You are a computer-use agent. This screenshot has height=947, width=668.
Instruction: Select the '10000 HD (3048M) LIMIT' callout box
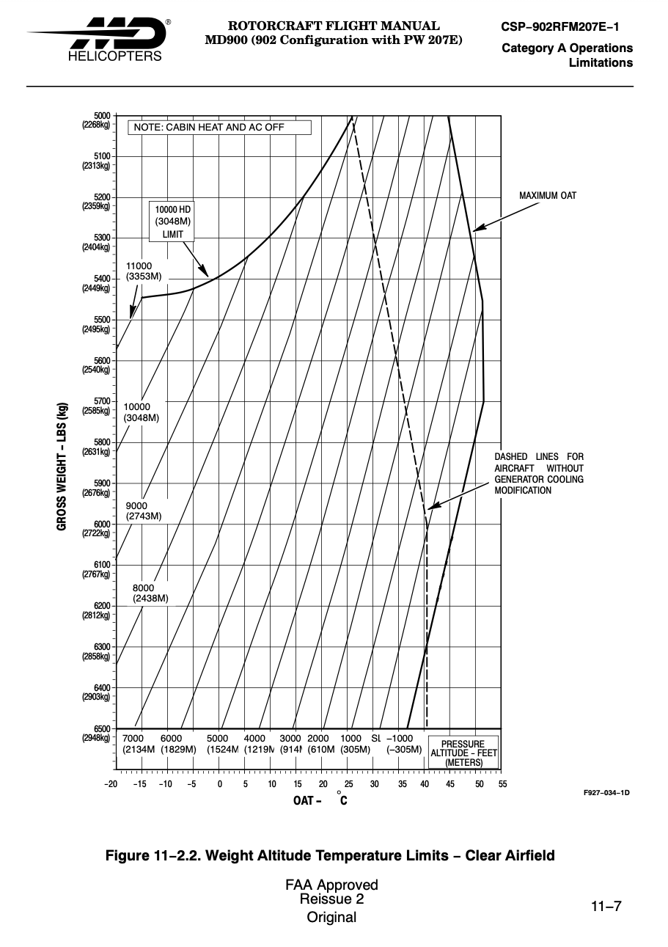[173, 222]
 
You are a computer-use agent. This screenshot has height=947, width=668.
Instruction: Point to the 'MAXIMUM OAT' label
[548, 196]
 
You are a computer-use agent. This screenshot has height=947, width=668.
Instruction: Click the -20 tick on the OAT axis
[111, 785]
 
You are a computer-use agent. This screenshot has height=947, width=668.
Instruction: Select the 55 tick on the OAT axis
[502, 785]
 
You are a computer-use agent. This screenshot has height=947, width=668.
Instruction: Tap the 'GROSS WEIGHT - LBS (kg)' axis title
[62, 466]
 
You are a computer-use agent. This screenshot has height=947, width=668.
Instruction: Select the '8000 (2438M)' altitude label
[150, 593]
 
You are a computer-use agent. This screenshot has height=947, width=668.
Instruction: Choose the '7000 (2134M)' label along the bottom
[138, 744]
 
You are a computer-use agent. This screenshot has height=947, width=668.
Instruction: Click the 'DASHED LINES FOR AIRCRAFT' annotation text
[539, 474]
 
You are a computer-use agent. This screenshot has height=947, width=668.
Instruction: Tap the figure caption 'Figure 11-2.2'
[330, 855]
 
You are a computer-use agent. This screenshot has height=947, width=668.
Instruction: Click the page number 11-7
[606, 906]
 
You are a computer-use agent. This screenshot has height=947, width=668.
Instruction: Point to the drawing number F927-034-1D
[606, 793]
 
